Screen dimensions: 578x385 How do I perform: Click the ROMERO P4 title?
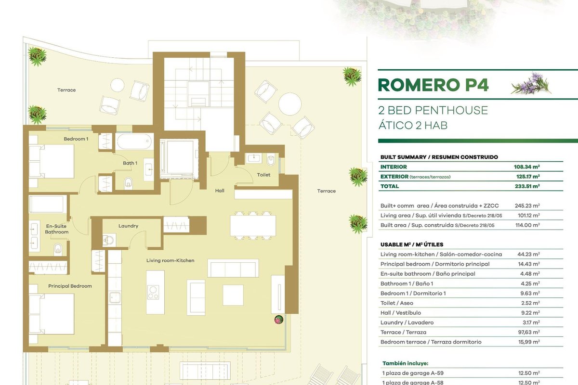433,85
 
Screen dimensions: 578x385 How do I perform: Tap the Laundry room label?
128,226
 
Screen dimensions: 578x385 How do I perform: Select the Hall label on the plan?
220,191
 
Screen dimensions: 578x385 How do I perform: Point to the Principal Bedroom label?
70,286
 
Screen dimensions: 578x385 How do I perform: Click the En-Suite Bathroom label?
56,229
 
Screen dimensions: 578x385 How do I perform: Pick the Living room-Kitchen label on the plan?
171,260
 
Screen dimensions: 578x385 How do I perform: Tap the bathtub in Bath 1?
134,141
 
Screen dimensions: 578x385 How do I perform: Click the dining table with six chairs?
253,226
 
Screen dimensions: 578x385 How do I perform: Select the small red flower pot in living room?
279,320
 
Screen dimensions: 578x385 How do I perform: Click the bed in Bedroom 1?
52,161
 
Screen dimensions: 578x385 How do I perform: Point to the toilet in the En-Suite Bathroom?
58,249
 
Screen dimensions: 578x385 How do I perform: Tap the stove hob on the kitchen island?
153,293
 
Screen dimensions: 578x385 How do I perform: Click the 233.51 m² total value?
527,186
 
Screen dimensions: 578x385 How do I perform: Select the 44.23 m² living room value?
528,254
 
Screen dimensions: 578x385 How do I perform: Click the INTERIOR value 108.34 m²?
526,167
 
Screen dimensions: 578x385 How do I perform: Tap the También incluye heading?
405,363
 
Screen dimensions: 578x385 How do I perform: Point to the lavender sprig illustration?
531,84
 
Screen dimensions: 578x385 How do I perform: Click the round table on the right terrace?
290,104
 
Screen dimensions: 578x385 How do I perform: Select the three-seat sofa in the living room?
233,268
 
